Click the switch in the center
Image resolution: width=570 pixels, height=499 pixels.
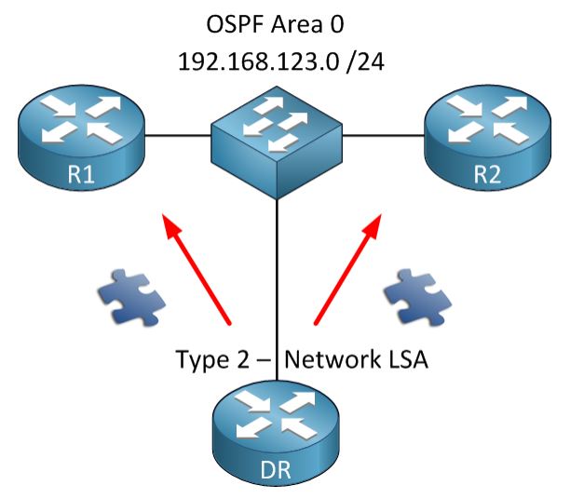(x=277, y=140)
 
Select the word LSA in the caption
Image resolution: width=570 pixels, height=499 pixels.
(x=408, y=358)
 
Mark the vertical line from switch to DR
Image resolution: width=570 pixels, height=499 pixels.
(x=278, y=279)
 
